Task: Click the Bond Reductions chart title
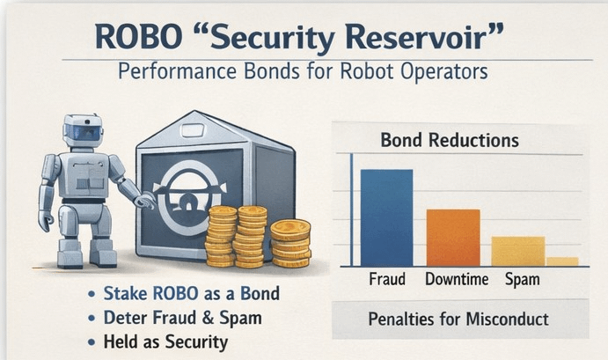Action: [449, 140]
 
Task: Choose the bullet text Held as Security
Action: [177, 341]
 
